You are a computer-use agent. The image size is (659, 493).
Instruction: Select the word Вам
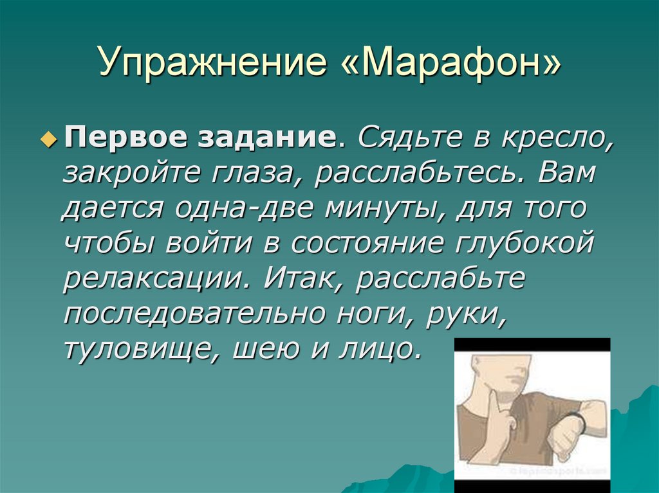566,174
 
